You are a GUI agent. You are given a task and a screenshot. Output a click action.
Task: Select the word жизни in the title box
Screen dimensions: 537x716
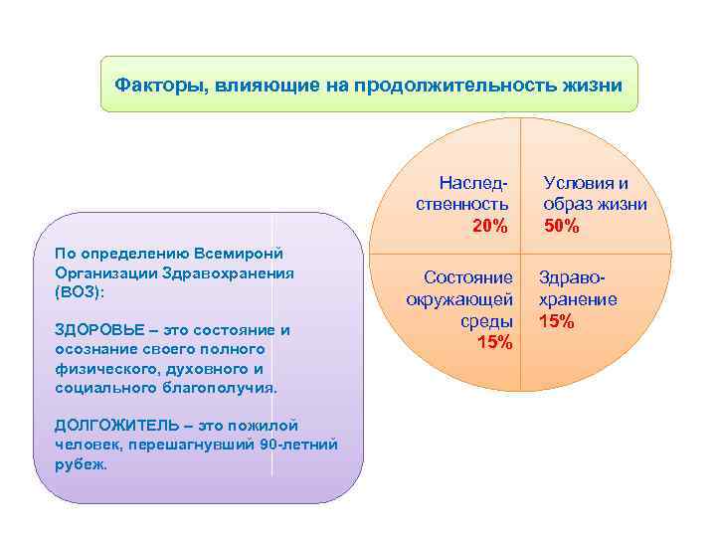pyautogui.click(x=592, y=85)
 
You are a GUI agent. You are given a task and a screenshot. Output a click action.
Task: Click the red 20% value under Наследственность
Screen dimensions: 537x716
pyautogui.click(x=489, y=227)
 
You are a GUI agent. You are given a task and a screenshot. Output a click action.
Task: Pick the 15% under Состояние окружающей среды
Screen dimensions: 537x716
pyautogui.click(x=495, y=343)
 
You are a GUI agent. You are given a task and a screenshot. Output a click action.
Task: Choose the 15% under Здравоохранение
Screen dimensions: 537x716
pyautogui.click(x=557, y=321)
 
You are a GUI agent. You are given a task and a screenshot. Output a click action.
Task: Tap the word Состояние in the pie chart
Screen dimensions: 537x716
pyautogui.click(x=468, y=277)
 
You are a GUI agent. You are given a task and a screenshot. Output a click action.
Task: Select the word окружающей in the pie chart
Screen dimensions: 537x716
pyautogui.click(x=459, y=299)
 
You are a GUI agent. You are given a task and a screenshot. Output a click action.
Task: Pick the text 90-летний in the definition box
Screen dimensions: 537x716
pyautogui.click(x=296, y=444)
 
